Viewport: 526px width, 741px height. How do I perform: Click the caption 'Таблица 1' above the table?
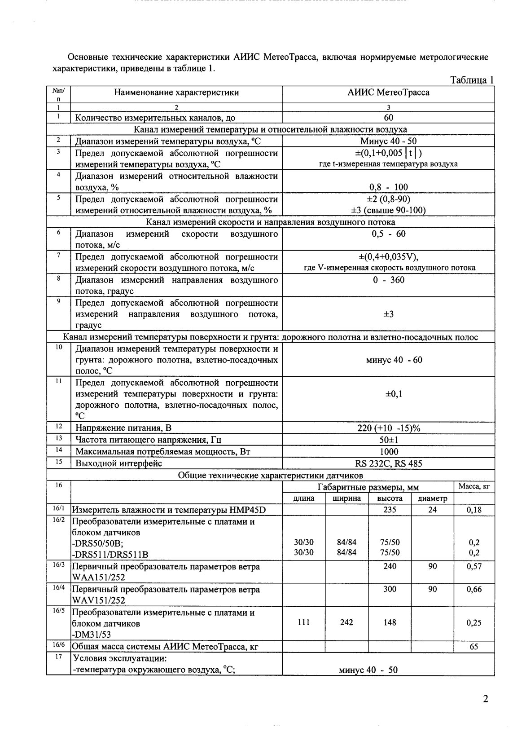click(472, 80)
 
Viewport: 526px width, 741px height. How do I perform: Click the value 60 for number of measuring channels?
click(388, 118)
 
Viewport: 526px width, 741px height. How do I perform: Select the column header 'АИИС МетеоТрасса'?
click(388, 93)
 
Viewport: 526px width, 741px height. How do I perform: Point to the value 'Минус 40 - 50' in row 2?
click(388, 141)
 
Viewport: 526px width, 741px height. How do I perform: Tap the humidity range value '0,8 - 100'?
click(388, 187)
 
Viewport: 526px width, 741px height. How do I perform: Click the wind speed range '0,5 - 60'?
click(388, 234)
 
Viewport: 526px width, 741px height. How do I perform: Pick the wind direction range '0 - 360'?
click(388, 280)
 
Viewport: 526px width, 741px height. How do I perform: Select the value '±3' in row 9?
click(388, 314)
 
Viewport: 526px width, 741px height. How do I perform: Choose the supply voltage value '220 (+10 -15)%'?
click(388, 428)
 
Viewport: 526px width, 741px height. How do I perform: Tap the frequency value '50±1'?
click(388, 440)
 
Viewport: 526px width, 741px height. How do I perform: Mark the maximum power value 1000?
click(388, 451)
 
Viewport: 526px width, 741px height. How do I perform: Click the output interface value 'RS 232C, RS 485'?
click(388, 463)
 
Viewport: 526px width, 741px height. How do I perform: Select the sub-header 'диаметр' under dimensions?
click(432, 498)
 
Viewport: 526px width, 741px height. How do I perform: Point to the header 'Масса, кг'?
click(474, 486)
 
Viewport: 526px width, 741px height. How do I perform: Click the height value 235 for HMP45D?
click(390, 510)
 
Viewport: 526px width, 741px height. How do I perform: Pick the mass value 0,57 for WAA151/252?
click(474, 566)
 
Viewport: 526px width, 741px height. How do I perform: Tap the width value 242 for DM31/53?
click(346, 622)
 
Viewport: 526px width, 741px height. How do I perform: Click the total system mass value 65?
click(474, 647)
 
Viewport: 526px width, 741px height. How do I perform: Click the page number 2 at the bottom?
click(485, 699)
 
